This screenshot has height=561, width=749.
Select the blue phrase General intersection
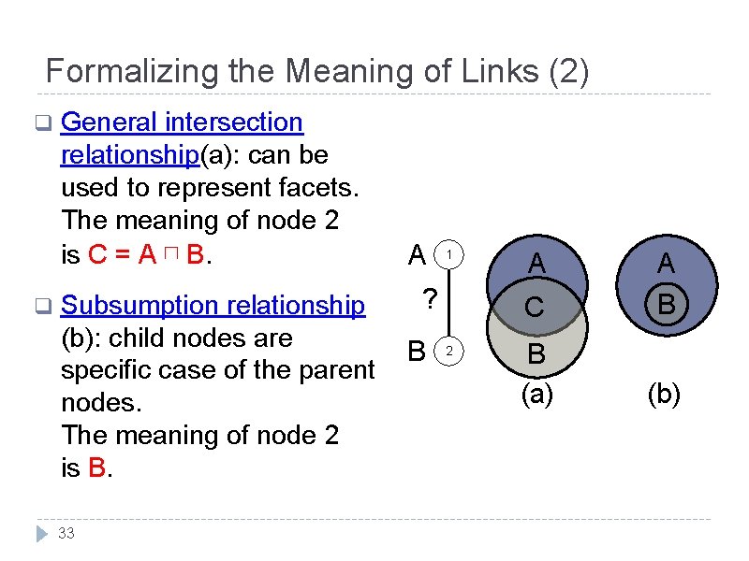(182, 122)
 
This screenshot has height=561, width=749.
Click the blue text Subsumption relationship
(213, 305)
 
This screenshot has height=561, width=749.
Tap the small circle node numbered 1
(449, 254)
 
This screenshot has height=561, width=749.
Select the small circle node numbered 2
(449, 352)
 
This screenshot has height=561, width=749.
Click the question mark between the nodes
(429, 301)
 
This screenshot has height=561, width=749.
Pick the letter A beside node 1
(419, 254)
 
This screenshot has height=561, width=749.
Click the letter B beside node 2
(418, 351)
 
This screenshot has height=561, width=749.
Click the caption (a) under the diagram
(536, 395)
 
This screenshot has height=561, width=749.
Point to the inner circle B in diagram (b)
(667, 306)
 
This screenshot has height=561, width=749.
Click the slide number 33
(66, 534)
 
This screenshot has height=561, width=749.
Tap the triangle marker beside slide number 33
(41, 534)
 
